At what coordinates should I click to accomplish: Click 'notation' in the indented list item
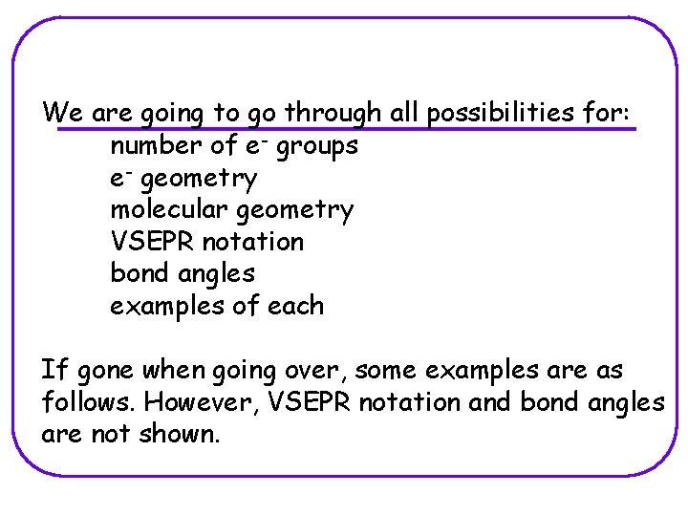coord(252,242)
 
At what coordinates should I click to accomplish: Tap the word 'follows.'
coord(89,402)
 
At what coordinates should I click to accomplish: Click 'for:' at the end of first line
coord(607,113)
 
